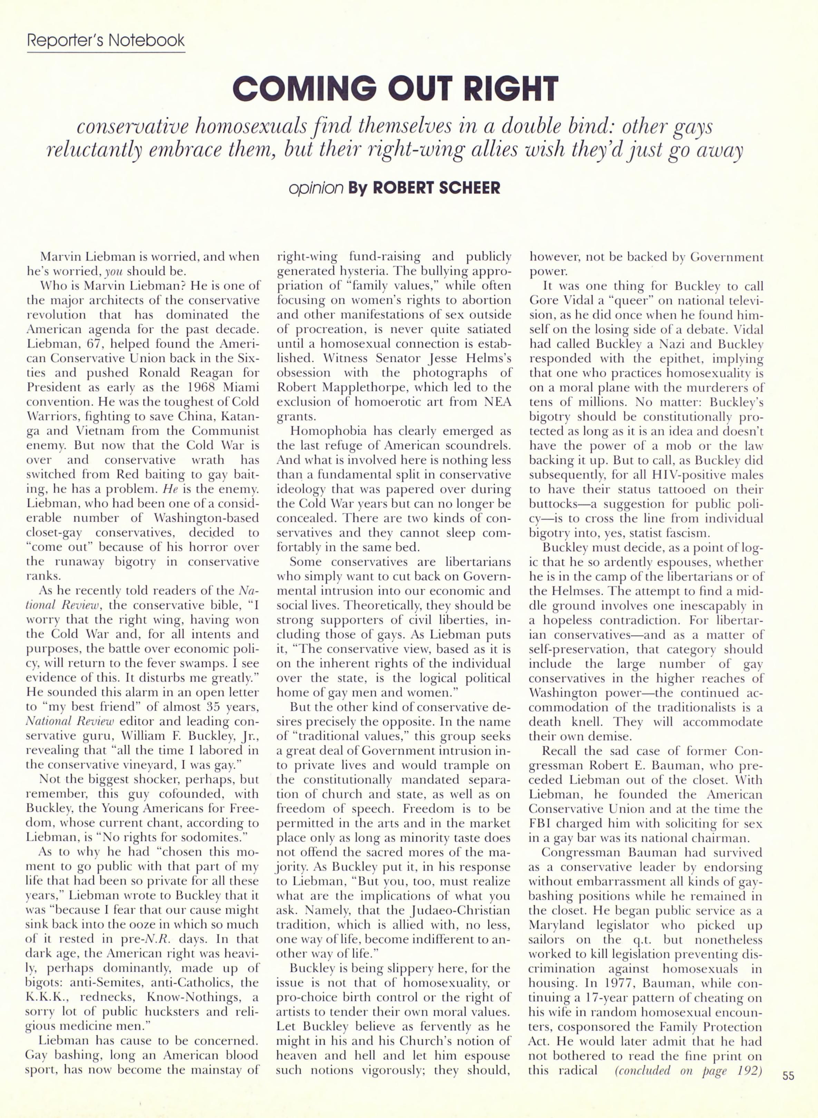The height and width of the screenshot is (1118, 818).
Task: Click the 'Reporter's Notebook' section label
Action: click(106, 40)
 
